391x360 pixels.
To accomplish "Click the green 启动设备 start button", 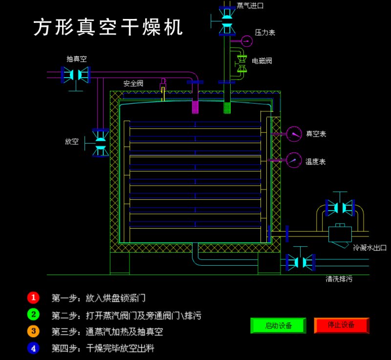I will (x=278, y=325).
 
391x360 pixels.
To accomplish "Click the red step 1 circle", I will (x=33, y=297).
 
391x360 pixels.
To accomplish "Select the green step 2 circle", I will (x=33, y=315).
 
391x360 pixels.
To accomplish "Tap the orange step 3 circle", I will (x=33, y=332).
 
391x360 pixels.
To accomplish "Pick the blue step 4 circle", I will (x=33, y=349).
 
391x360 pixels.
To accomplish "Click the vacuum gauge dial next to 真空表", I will (x=294, y=133).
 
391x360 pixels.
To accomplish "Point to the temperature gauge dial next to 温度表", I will (x=294, y=160).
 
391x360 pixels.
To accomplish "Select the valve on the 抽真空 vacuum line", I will (x=76, y=75).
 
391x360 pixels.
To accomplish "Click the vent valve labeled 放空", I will (x=100, y=142).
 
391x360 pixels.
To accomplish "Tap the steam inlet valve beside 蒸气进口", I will (x=226, y=21).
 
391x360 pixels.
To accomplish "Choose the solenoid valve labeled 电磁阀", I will (x=242, y=64).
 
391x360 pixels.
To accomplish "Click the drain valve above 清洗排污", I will (x=301, y=262).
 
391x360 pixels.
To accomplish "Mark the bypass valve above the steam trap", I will (x=340, y=208).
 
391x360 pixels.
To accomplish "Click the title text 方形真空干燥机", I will (x=108, y=28).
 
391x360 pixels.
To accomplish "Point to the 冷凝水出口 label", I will (x=369, y=248).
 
